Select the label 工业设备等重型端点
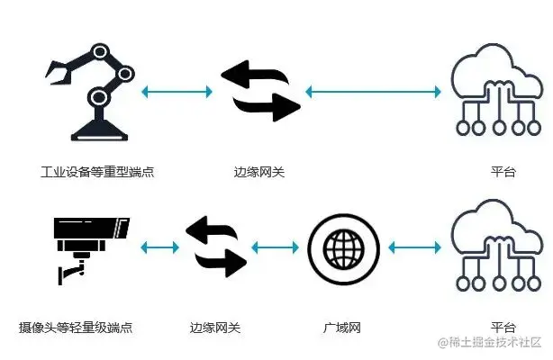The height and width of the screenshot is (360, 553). [97, 171]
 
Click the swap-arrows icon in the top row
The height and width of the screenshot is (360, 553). [260, 91]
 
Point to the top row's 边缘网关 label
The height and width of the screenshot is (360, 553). [259, 171]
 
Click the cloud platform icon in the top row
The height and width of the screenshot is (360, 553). [490, 90]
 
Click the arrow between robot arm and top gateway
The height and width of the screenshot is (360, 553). [178, 91]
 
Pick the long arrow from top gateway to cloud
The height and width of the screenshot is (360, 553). [372, 91]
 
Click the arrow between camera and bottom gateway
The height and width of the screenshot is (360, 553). [159, 246]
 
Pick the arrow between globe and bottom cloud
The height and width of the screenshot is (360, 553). [413, 246]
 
